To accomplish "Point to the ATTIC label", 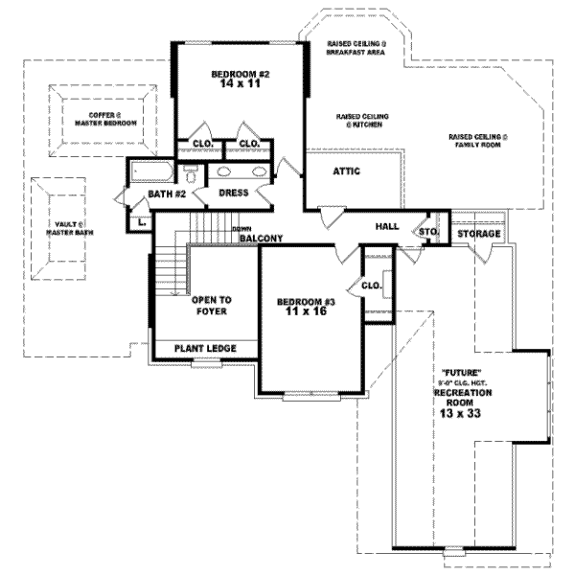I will point(346,172).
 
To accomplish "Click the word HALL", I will point(386,226).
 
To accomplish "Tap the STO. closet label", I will point(427,232).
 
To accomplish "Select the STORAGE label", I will point(478,234).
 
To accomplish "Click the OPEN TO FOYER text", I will point(212,305).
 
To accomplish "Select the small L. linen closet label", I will point(142,222).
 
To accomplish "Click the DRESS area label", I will point(234,193).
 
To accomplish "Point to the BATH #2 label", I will point(166,195).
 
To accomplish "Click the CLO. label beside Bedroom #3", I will point(372,285).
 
